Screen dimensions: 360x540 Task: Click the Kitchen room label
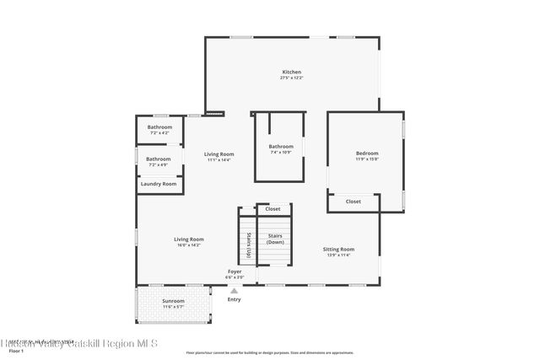(x=291, y=72)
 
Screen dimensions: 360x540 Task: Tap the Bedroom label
(x=367, y=153)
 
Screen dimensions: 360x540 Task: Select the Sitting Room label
(x=338, y=249)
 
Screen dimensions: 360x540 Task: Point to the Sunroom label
(x=173, y=300)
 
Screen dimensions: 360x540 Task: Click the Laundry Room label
(x=159, y=184)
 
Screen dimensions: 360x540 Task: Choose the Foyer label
(x=235, y=271)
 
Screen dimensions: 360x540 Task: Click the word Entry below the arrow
(x=235, y=299)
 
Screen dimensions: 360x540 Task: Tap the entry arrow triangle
(x=235, y=290)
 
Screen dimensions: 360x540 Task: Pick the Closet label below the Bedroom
(x=354, y=201)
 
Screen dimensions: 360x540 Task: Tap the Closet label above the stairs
(x=273, y=208)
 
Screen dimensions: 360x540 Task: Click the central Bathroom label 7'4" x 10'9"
(x=281, y=146)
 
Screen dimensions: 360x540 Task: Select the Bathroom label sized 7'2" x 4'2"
(x=160, y=126)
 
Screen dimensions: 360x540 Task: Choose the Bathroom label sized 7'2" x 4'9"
(x=158, y=159)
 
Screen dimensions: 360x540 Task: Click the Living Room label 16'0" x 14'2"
(x=188, y=239)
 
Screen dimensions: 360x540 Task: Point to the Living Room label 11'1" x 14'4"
(x=219, y=153)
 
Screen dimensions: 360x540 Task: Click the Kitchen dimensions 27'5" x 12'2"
(x=291, y=78)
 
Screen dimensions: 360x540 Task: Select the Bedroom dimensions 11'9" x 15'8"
(x=367, y=159)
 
